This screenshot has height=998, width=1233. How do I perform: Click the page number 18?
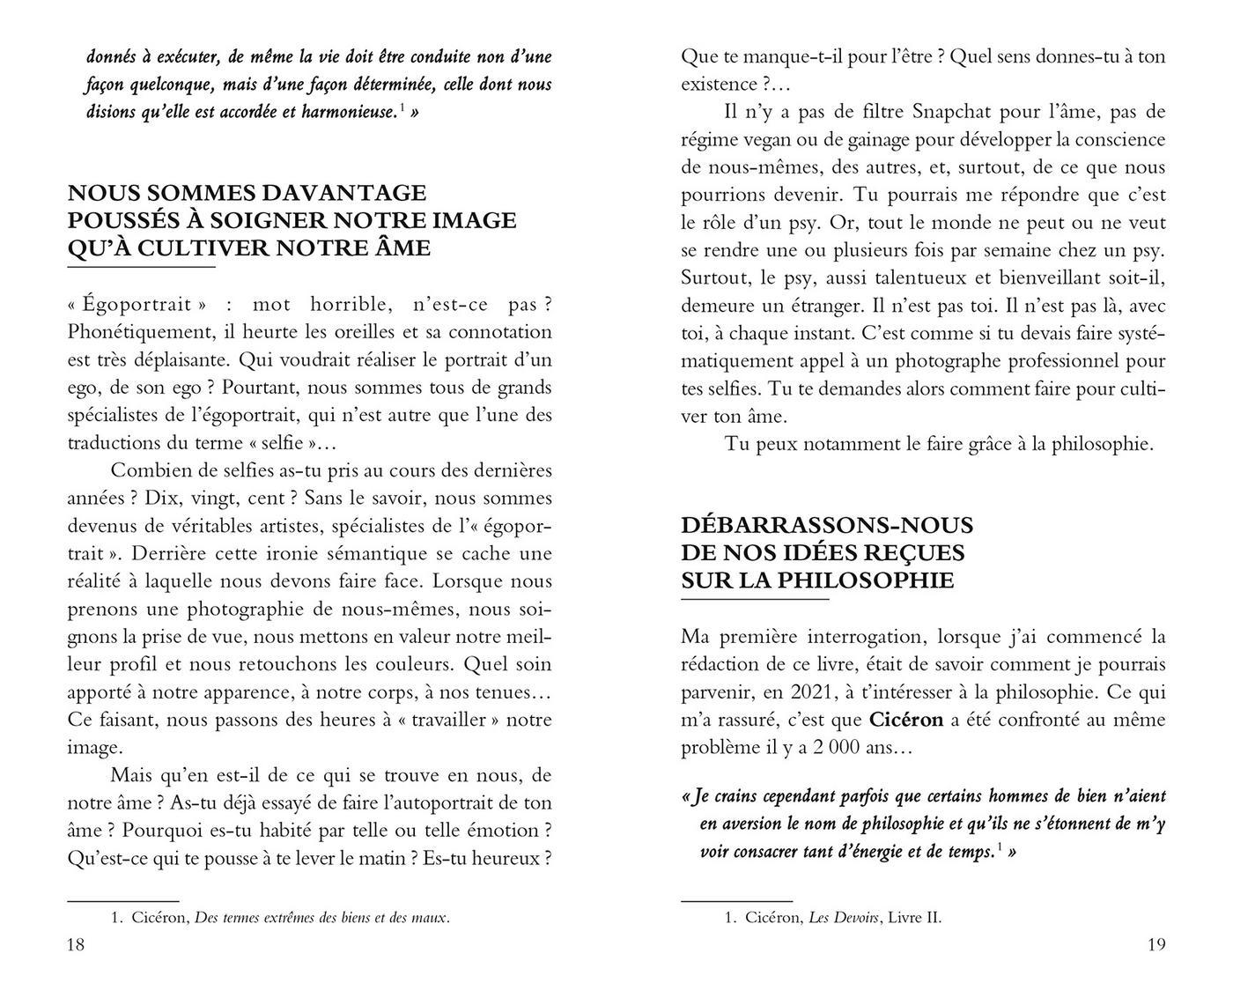[76, 945]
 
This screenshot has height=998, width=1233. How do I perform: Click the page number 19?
[1156, 945]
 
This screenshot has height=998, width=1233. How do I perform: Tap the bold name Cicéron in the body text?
[906, 720]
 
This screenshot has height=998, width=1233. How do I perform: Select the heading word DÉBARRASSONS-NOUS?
[827, 526]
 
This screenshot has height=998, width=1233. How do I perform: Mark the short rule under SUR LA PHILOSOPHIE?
[755, 600]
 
